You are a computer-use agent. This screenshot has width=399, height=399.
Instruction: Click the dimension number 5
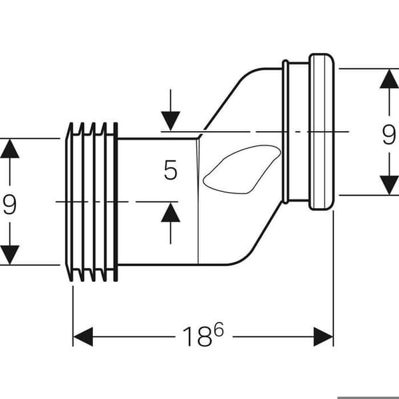(170, 170)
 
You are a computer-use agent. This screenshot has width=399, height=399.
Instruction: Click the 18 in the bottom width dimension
(198, 336)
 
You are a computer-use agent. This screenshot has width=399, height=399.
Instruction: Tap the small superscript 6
(219, 329)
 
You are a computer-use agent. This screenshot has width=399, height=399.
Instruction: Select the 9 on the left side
(10, 204)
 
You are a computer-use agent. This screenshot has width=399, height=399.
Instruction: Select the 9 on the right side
(389, 135)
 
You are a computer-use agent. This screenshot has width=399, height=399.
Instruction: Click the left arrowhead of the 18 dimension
(83, 336)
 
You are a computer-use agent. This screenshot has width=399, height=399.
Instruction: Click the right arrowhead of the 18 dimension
(323, 336)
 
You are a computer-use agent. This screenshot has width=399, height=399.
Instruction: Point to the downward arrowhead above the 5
(170, 120)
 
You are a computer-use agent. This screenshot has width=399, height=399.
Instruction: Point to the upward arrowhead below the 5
(170, 213)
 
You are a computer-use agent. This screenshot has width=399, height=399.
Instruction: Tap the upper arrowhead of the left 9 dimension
(10, 149)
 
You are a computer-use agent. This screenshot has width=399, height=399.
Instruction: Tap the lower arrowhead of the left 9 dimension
(10, 255)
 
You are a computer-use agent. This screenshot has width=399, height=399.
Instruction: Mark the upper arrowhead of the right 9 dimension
(389, 79)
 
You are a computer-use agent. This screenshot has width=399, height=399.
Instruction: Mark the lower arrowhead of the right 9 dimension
(389, 185)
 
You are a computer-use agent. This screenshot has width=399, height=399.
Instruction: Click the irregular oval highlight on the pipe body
(242, 170)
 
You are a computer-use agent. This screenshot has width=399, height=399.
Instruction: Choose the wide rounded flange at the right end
(321, 132)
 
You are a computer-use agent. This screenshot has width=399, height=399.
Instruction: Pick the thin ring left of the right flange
(285, 132)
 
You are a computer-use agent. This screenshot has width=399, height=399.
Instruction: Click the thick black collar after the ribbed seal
(116, 202)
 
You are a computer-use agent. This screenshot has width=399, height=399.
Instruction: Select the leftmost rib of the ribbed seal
(69, 202)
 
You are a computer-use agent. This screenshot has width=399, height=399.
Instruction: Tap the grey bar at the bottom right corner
(368, 398)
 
